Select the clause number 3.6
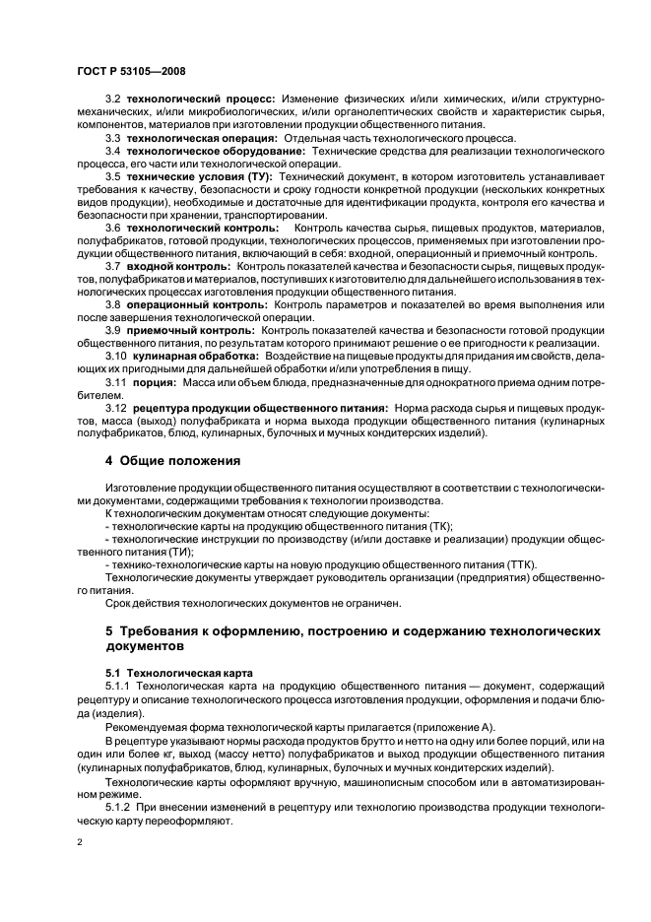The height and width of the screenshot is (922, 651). (x=112, y=228)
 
